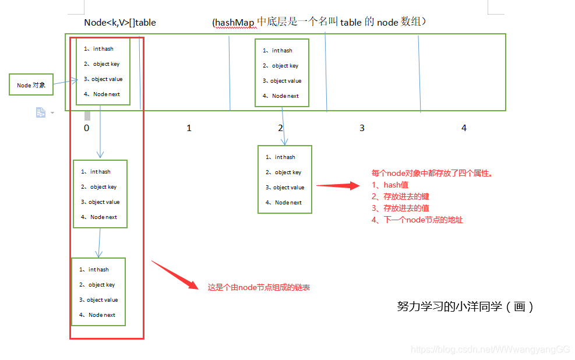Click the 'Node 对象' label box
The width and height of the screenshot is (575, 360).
(31, 85)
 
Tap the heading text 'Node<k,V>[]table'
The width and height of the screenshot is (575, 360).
(120, 23)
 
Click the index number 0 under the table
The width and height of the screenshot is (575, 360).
(86, 128)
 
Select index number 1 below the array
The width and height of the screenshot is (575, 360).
(189, 128)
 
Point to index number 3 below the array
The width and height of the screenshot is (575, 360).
(362, 128)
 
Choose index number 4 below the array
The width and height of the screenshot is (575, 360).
(464, 128)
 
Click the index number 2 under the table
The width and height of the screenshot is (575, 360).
(280, 128)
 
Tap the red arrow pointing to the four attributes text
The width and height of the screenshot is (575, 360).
(338, 186)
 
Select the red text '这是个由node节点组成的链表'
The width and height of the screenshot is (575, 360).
(258, 287)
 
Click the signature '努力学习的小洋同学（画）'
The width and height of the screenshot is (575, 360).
(465, 306)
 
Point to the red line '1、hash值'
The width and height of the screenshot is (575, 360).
(390, 185)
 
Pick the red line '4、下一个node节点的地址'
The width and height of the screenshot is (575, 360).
(417, 220)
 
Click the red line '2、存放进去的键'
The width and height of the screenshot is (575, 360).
(400, 196)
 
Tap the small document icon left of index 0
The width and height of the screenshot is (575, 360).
(41, 112)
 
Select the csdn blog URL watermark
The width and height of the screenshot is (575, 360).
(490, 350)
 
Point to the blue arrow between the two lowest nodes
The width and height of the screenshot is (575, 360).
(100, 242)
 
